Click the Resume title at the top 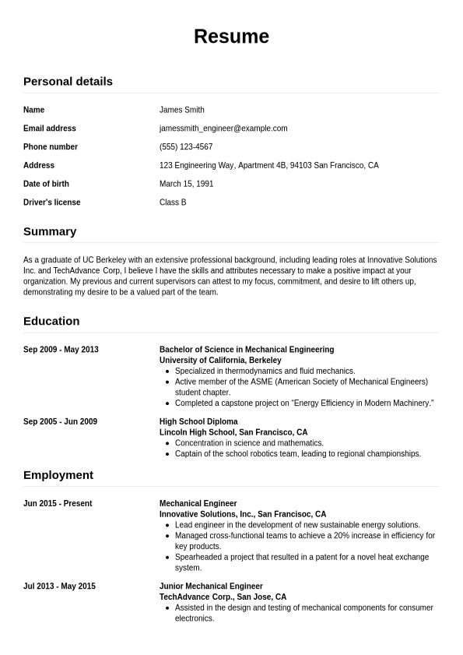click(x=231, y=37)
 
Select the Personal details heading click(x=68, y=81)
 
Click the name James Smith click(x=181, y=110)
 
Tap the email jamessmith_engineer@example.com click(x=223, y=129)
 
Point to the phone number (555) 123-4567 click(x=186, y=147)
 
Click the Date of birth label click(x=46, y=184)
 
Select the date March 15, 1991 click(x=186, y=184)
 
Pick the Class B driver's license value click(x=173, y=202)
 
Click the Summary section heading click(x=50, y=231)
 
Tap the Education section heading click(x=51, y=321)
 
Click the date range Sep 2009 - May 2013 click(x=61, y=350)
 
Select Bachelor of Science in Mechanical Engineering click(x=247, y=350)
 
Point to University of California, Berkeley click(x=220, y=361)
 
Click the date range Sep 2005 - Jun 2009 click(x=60, y=421)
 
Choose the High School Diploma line click(x=198, y=421)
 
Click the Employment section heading click(x=58, y=475)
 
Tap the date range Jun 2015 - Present click(x=58, y=504)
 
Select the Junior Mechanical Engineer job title click(x=211, y=586)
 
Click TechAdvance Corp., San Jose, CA click(x=223, y=597)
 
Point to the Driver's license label click(x=51, y=202)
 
